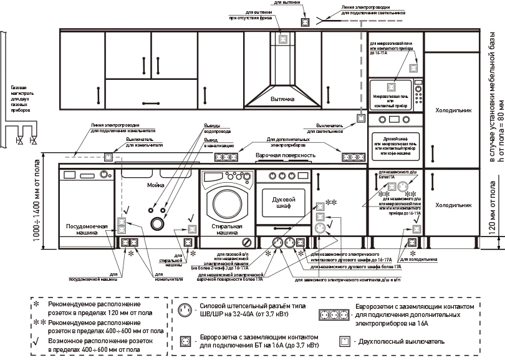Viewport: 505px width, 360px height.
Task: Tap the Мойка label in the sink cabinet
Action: (155, 185)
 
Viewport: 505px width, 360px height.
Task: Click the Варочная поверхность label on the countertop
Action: (283, 153)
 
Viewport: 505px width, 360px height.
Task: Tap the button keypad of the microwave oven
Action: (417, 94)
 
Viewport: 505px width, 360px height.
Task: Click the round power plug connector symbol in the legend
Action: (184, 310)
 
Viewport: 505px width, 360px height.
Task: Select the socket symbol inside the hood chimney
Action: (284, 39)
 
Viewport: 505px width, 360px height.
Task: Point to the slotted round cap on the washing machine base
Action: (247, 241)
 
